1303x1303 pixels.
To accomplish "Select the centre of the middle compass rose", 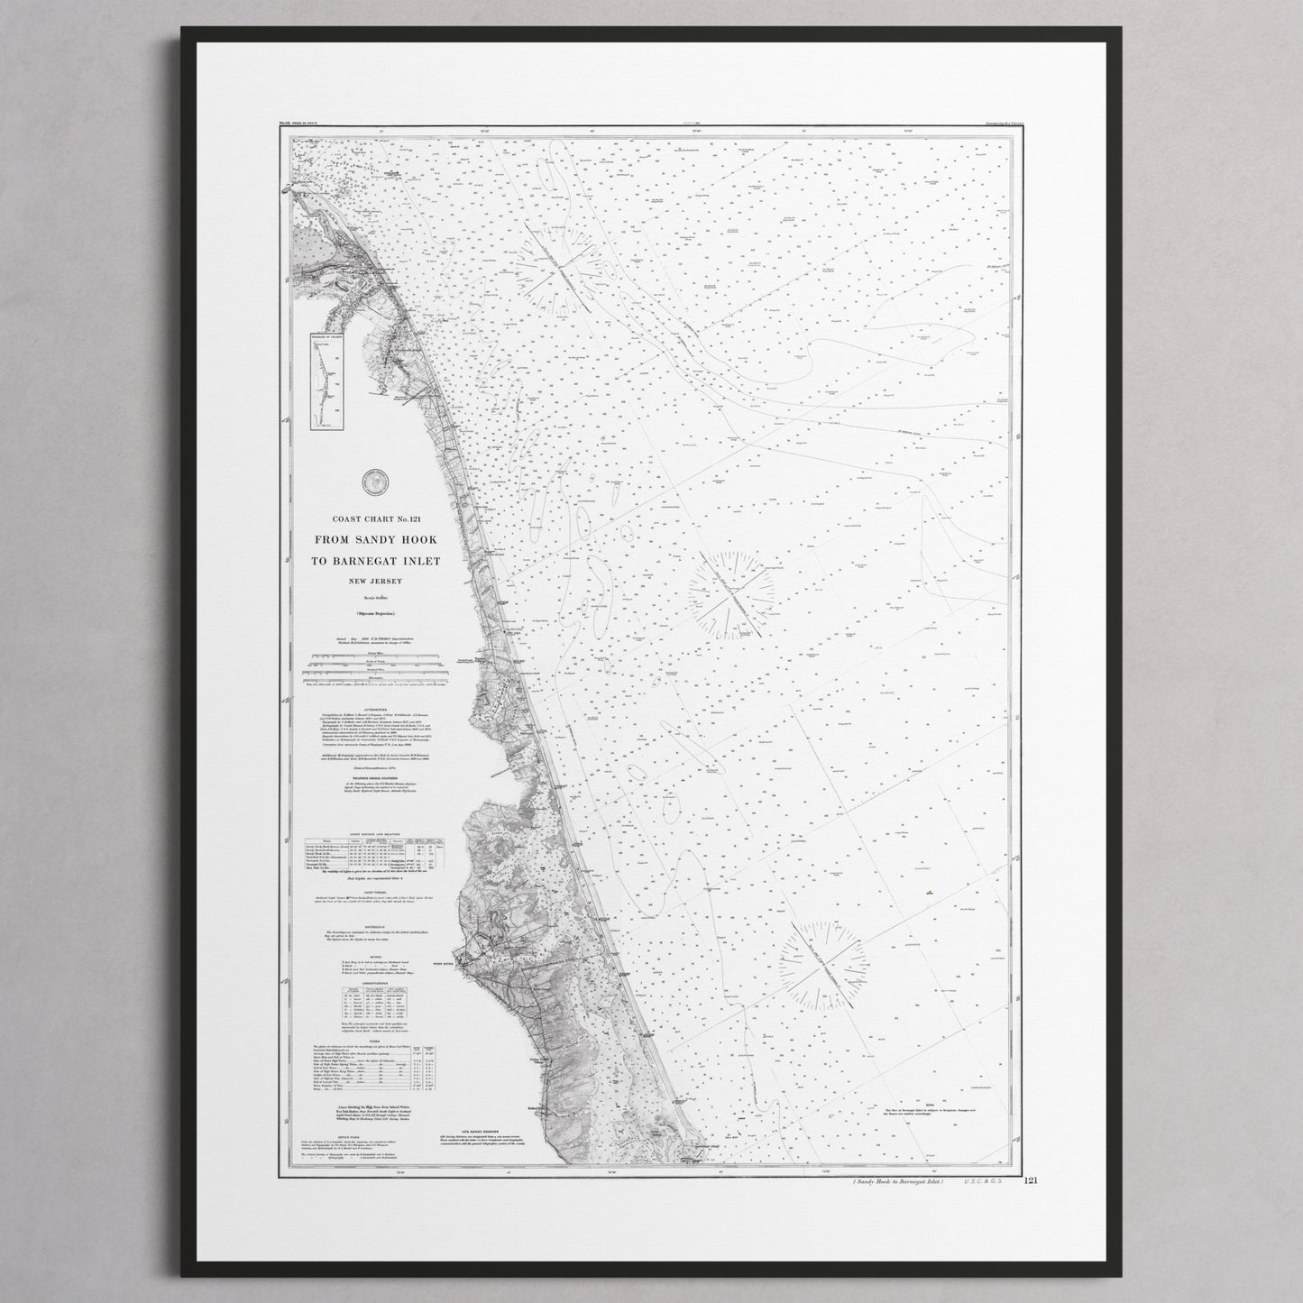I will [x=730, y=596].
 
